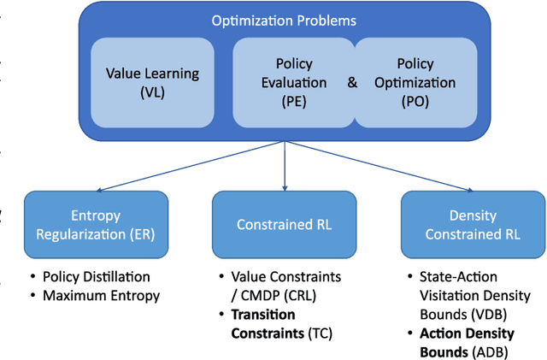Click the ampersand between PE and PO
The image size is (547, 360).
[351, 84]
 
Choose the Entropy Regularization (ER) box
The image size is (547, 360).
[95, 225]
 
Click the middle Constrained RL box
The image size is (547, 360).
[285, 225]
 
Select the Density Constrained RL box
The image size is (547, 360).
[473, 225]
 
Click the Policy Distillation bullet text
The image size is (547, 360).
[95, 277]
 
